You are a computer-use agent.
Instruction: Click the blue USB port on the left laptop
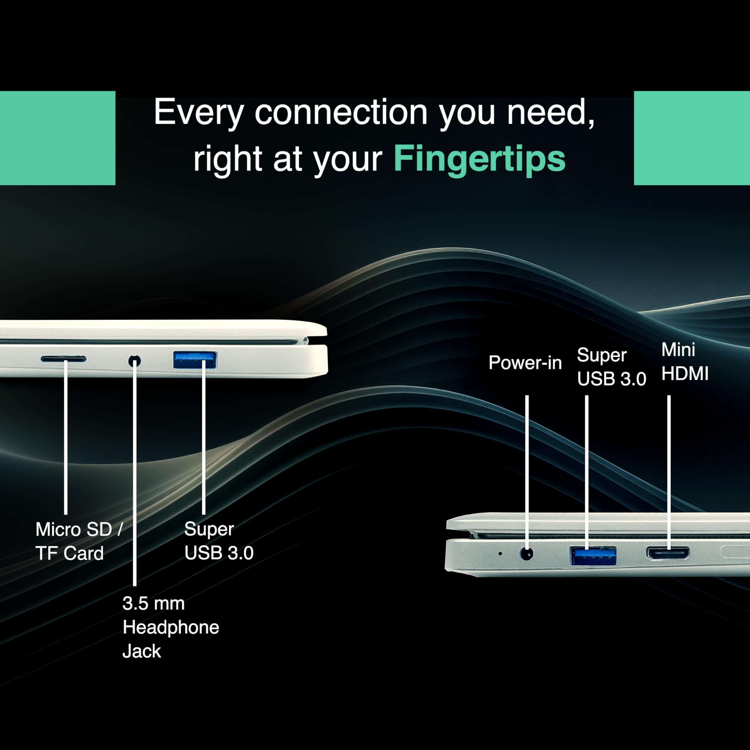tap(195, 360)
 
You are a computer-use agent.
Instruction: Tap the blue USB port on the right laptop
tap(593, 556)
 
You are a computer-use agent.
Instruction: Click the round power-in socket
tap(526, 554)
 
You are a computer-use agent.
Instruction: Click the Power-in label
tap(525, 363)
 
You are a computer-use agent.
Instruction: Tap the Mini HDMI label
tap(685, 362)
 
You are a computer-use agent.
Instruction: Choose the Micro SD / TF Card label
tap(79, 541)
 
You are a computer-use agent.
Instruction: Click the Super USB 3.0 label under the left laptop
tap(219, 541)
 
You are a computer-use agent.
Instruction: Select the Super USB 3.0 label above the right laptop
tap(611, 367)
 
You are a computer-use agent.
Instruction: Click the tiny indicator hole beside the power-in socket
tap(500, 554)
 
